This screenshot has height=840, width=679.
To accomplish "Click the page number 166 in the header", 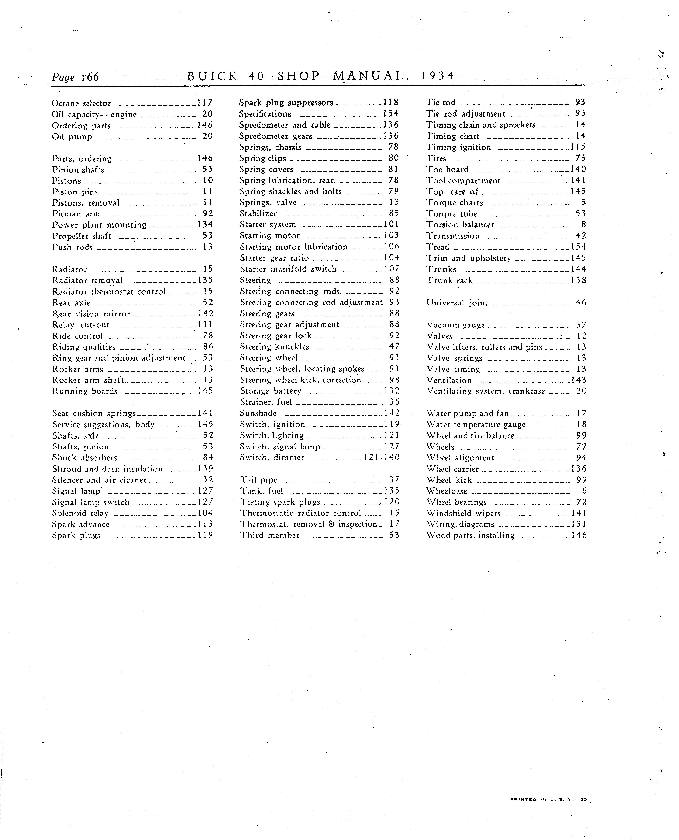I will (90, 77).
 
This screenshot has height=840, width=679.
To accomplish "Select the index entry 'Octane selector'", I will (81, 103).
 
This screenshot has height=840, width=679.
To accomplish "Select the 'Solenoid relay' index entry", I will (80, 513).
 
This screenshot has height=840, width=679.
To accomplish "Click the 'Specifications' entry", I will (265, 114).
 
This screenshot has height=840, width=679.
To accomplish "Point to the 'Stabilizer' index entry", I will (258, 213).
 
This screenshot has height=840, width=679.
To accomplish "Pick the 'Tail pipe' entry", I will (259, 480).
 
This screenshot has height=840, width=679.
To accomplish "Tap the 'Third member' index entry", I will (269, 535).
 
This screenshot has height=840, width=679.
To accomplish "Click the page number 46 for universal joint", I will (581, 303).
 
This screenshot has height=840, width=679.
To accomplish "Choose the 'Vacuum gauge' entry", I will (455, 325).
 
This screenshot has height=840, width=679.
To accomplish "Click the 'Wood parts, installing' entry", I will (470, 535).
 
